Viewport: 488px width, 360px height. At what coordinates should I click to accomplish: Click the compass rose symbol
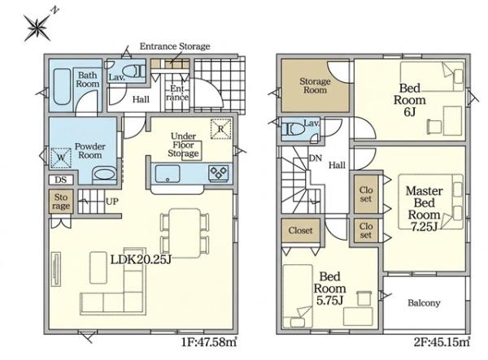click(37, 28)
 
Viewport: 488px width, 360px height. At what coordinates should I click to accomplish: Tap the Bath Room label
click(88, 80)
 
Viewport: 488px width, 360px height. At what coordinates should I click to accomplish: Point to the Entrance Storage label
click(175, 46)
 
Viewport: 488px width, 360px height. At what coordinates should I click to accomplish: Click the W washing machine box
click(61, 158)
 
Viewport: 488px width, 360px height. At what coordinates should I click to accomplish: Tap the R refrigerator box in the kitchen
click(220, 128)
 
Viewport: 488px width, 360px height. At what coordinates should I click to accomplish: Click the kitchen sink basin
click(168, 174)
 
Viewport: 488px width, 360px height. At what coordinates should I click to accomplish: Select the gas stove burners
click(219, 173)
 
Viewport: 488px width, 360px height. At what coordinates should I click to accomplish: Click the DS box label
click(61, 180)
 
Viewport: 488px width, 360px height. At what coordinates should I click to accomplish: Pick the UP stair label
click(112, 202)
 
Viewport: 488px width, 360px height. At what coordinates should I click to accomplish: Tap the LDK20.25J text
click(141, 260)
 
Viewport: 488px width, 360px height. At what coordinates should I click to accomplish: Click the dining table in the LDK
click(185, 233)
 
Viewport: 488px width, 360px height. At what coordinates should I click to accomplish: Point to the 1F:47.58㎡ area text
click(209, 342)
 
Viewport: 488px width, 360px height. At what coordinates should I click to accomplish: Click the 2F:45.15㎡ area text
click(442, 342)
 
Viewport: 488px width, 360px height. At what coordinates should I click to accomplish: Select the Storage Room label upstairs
click(315, 85)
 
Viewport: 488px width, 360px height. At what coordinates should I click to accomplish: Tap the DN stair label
click(316, 158)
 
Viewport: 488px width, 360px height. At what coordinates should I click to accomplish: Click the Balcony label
click(424, 303)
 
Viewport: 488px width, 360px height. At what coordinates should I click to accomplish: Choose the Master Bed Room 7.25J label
click(424, 208)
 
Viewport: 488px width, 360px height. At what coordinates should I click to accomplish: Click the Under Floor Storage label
click(184, 145)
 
